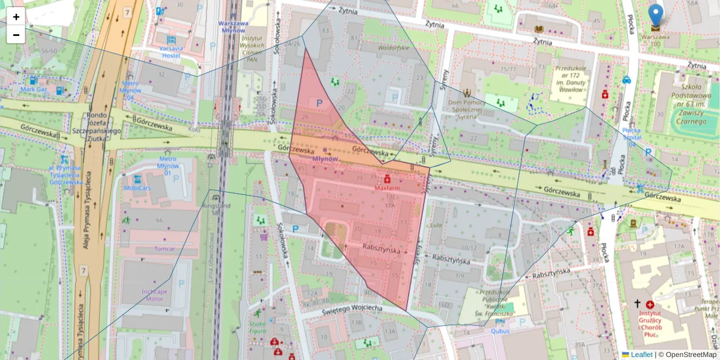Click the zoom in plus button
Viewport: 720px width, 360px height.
[16, 17]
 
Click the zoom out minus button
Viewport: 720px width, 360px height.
[16, 35]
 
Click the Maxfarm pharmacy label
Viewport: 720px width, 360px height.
[387, 187]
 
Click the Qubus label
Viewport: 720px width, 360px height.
[500, 331]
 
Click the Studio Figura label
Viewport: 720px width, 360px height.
[257, 328]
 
